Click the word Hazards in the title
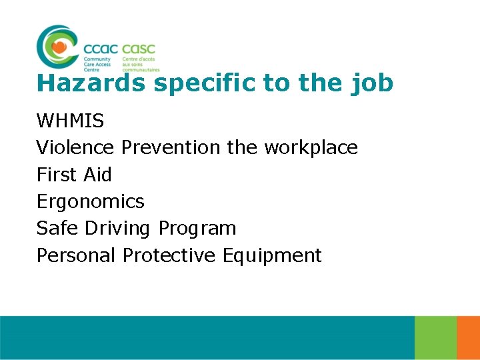91,83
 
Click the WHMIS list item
70,121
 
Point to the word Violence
75,147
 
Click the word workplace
311,147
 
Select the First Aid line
74,175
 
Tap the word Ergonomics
90,201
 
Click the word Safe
57,228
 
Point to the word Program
197,229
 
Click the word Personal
76,255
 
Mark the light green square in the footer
435,338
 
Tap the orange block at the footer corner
468,338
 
